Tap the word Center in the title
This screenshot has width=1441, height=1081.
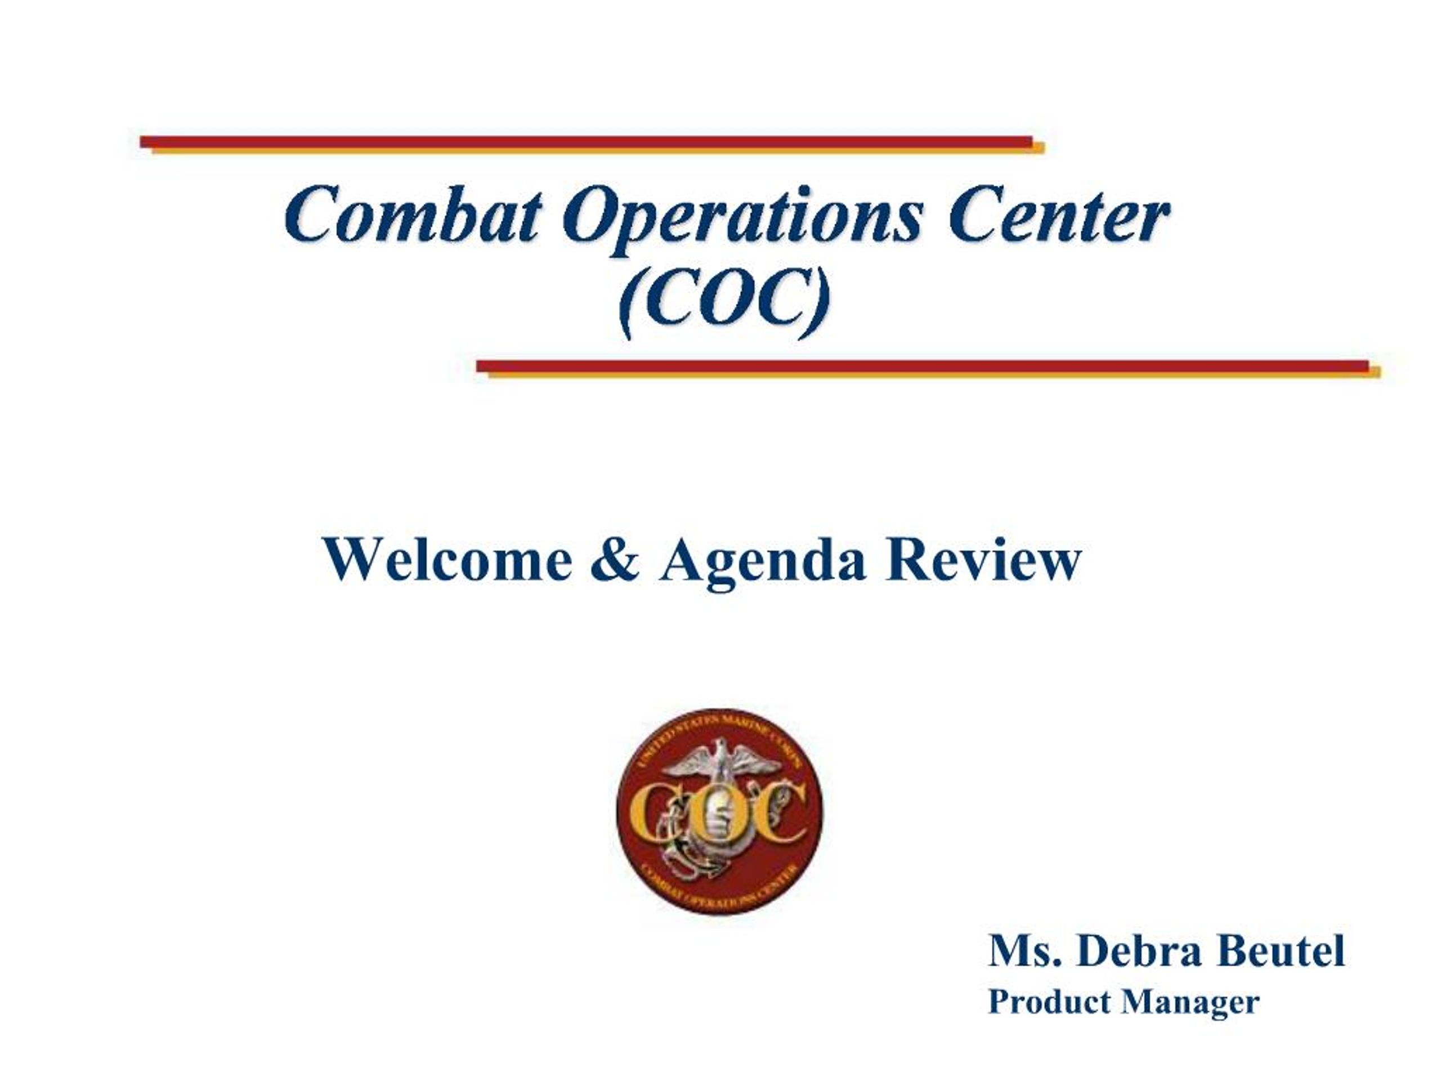tap(1059, 215)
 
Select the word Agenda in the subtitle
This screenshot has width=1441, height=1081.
tap(763, 560)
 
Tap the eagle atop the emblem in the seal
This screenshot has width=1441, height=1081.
tap(720, 758)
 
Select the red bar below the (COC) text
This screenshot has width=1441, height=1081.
tap(922, 365)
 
